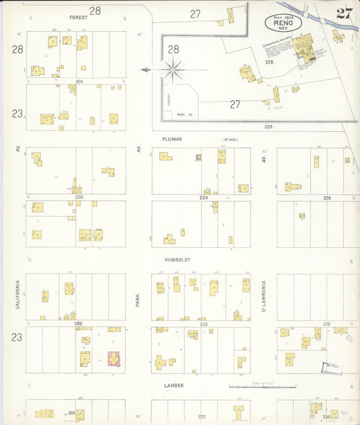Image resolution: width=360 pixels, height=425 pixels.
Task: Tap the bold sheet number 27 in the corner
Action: (x=344, y=14)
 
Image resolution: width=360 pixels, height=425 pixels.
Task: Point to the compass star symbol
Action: (x=174, y=69)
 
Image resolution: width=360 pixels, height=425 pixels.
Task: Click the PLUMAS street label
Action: (x=172, y=139)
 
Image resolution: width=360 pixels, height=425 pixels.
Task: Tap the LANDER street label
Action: (x=174, y=385)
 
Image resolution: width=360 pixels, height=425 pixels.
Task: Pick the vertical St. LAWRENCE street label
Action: (x=264, y=295)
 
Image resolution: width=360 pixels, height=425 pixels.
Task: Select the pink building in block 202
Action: (x=114, y=358)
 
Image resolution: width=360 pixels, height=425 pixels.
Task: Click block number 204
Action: (x=79, y=81)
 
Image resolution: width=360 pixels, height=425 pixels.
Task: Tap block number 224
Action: (x=203, y=198)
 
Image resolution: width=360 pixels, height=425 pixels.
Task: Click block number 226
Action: (x=269, y=62)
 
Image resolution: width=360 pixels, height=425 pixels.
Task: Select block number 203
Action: (x=78, y=197)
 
